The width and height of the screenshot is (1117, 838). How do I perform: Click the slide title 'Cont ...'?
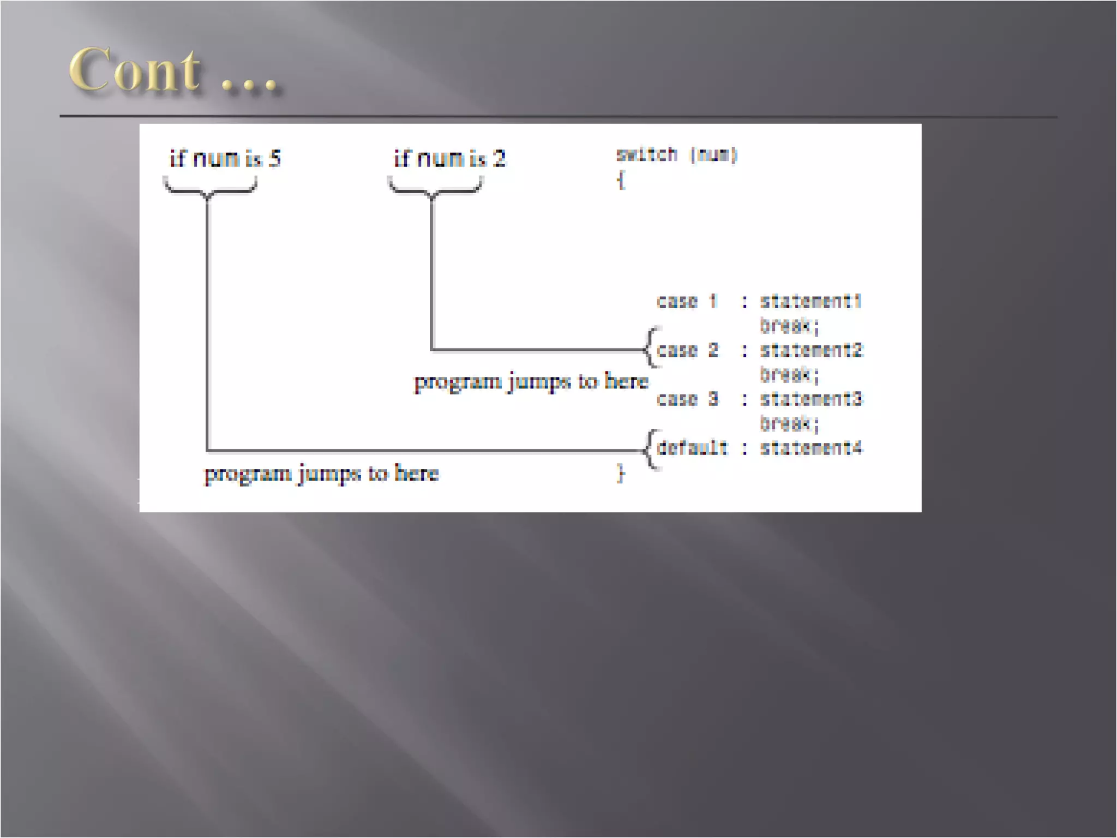(x=173, y=71)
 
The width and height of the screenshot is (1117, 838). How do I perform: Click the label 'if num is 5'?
(x=225, y=159)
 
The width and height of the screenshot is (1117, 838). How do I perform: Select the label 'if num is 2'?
(x=450, y=159)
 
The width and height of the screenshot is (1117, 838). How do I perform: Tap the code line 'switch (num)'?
(x=676, y=155)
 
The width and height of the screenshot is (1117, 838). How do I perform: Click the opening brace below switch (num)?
(x=621, y=180)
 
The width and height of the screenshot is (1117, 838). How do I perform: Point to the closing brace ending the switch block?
(x=621, y=473)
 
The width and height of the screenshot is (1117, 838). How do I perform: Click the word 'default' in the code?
(x=692, y=448)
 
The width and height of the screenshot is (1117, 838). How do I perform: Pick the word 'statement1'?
(x=811, y=301)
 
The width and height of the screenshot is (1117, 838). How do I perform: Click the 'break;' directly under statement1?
(x=789, y=326)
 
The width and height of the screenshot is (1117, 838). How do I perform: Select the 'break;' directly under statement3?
(x=789, y=423)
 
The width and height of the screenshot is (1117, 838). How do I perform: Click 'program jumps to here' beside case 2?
(x=531, y=381)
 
